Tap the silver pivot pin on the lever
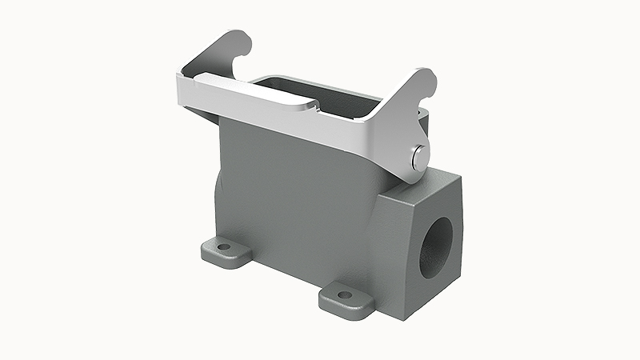click(417, 158)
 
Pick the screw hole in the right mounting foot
click(345, 295)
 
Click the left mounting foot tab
click(225, 250)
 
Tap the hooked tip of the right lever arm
click(428, 78)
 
